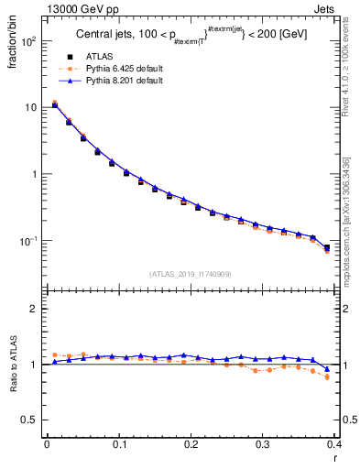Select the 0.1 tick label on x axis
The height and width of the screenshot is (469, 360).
pyautogui.click(x=119, y=444)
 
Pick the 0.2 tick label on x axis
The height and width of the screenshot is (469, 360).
pyautogui.click(x=191, y=444)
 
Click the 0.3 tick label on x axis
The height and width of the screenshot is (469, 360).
pyautogui.click(x=264, y=444)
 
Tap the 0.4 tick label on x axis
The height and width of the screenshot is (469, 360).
pyautogui.click(x=335, y=444)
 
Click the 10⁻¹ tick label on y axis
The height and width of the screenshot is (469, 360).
pyautogui.click(x=28, y=241)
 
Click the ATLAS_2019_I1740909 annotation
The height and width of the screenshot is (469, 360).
pyautogui.click(x=191, y=274)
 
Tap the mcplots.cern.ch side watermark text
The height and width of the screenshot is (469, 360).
pyautogui.click(x=350, y=220)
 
